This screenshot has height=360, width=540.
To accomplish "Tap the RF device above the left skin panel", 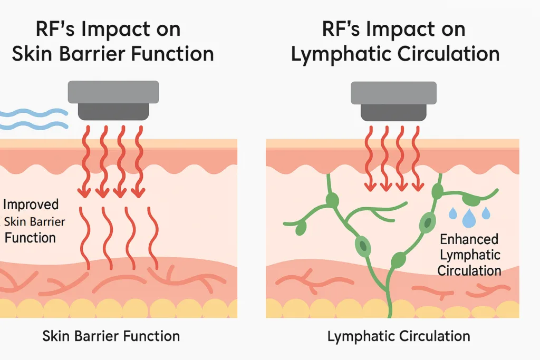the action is pos(113,101).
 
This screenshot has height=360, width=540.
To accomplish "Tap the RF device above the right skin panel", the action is pos(393,101).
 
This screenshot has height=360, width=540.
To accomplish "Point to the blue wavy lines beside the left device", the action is pos(34,119).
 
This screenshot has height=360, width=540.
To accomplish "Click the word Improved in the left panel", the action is pos(31,205).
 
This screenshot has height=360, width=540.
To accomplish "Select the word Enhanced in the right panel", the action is pos(469,239).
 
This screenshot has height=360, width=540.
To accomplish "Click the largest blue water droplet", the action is pos(468,218).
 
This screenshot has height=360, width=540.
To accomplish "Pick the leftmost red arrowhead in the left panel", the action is pos(84,193).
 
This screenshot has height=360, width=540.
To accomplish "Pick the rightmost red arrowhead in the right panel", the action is pos(418,187).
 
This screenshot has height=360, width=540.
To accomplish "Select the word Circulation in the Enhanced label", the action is pos(469,270).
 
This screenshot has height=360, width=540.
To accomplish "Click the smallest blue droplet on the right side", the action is pos(486,213).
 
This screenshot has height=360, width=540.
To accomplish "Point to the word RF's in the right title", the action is pos(342,29).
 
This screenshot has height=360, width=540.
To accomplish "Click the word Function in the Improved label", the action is pos(30,238).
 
